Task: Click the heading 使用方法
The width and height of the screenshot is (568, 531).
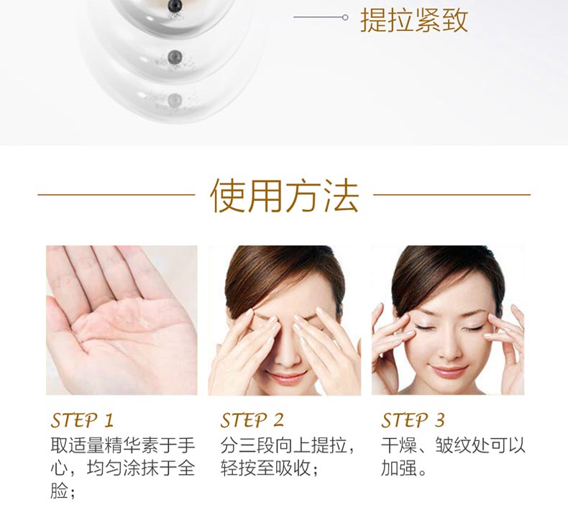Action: point(285,195)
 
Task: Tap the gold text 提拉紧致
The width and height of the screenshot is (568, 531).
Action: point(414,20)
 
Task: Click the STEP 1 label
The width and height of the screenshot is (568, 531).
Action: point(82,420)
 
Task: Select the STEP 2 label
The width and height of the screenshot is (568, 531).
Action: point(252,420)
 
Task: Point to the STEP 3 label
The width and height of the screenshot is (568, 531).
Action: point(413,420)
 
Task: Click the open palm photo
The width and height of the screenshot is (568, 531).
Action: point(122,320)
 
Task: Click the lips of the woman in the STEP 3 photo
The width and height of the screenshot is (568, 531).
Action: point(448,371)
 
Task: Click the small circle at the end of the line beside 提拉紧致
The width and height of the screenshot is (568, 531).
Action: point(345,17)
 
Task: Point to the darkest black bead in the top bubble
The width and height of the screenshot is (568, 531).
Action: point(175,6)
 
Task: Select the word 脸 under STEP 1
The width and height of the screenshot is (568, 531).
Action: point(59,491)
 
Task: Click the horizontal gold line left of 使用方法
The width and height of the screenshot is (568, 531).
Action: point(116,195)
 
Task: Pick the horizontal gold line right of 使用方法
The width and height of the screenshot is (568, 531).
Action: point(452,195)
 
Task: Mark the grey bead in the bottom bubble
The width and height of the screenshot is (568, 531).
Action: point(175,99)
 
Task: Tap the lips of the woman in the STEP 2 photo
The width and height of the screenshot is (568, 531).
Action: point(286,378)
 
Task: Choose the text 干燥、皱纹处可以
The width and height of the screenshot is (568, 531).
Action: point(453,445)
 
